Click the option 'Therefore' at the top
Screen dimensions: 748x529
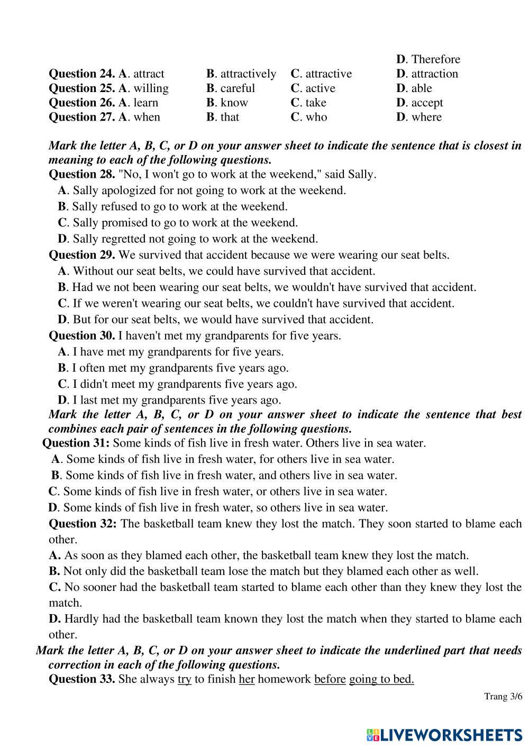coord(435,59)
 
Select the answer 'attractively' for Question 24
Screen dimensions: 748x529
coord(248,74)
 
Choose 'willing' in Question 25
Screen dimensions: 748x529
coord(151,88)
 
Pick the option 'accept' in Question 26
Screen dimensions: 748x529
coord(426,103)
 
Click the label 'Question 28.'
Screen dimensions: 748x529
coord(81,174)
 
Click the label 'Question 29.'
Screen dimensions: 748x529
coord(81,255)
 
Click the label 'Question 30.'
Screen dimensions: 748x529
coord(81,335)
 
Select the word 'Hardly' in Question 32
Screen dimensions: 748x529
coord(81,618)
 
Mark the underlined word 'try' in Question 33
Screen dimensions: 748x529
coord(184,679)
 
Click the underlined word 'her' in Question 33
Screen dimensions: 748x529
coord(247,679)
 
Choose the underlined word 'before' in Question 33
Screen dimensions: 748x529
coord(330,679)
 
